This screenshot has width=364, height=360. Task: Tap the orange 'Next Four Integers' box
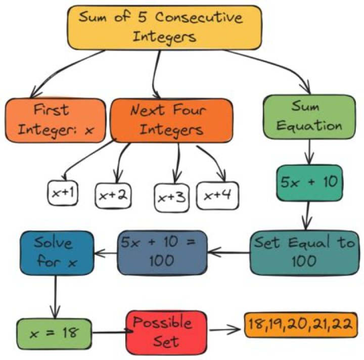(x=171, y=120)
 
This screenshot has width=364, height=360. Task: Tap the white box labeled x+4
(x=217, y=195)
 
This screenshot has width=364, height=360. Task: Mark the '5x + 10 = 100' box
(x=162, y=252)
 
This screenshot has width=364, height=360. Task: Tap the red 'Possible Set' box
(x=167, y=332)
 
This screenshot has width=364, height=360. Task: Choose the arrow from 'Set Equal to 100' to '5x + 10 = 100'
(x=229, y=251)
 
